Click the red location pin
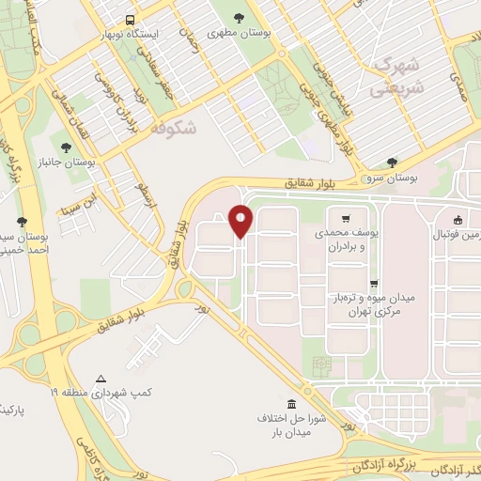tap(240, 221)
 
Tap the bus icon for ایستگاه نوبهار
tap(130, 19)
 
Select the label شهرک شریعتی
tap(395, 74)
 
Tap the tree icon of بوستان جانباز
tap(65, 147)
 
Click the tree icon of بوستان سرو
tap(392, 162)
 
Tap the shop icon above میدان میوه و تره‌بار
tap(374, 283)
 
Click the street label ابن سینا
tap(78, 202)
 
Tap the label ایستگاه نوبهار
tap(131, 34)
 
